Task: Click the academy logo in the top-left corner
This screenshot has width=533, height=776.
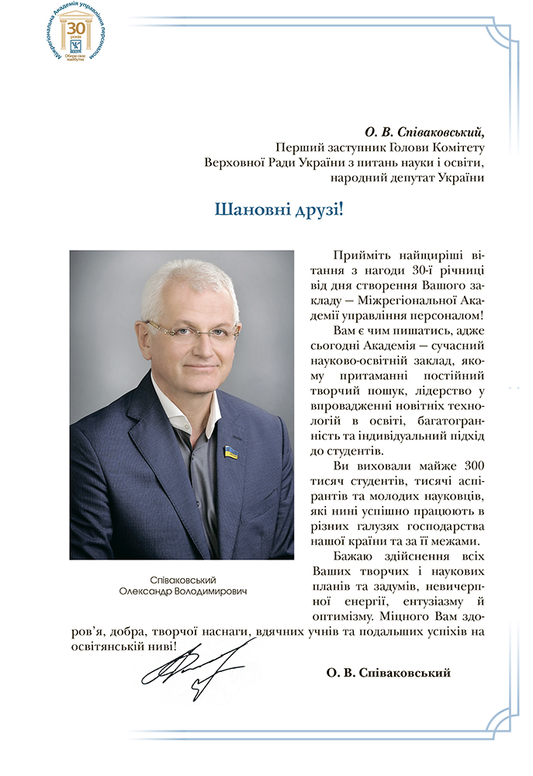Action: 75,36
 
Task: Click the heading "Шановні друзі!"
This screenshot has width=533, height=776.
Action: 278,210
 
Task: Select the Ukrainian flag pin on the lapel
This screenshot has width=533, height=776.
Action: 230,451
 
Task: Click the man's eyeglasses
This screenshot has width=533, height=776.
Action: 192,331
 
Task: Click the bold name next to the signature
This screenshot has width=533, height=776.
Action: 389,673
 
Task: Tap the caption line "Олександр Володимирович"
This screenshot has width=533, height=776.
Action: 182,591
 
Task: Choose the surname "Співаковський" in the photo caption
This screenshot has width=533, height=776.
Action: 182,580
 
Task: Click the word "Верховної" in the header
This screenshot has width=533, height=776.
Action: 233,162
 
